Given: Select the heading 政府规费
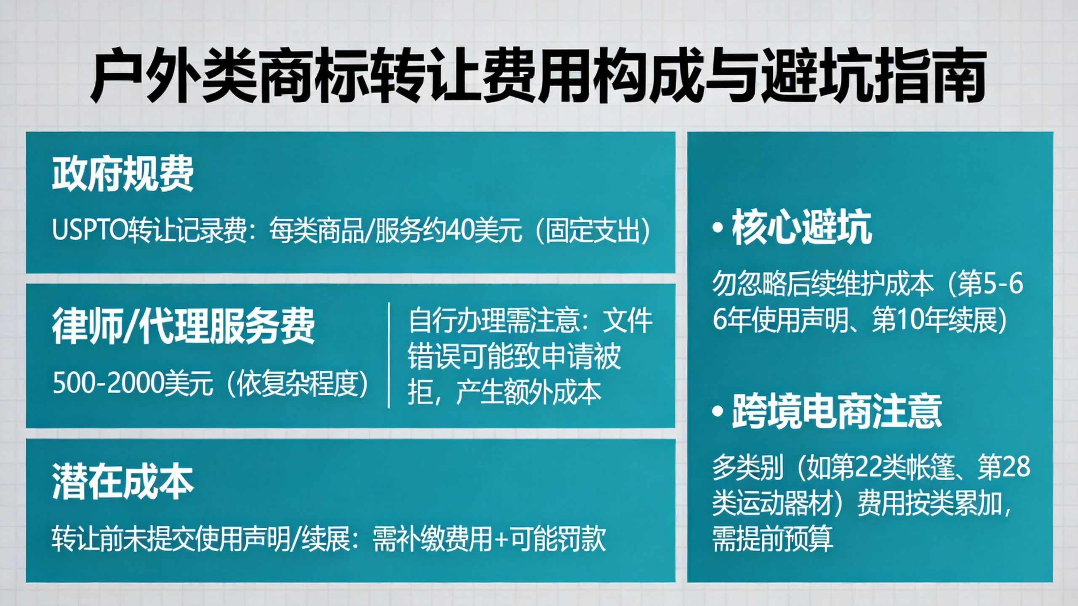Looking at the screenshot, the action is click(123, 174).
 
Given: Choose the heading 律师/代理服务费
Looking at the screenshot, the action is click(183, 326).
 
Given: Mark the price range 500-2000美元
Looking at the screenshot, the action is click(133, 384).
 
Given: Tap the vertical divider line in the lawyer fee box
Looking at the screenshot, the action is click(388, 355).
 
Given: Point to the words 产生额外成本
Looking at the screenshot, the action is click(529, 393).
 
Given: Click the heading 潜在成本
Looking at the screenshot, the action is click(123, 482).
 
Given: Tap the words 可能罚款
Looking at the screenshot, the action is click(558, 539).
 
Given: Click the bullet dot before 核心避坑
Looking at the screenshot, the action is click(718, 229).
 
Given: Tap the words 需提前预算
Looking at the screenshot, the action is click(773, 539).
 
